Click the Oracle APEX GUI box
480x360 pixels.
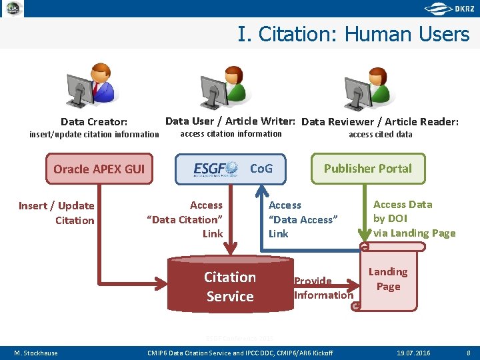pyautogui.click(x=98, y=169)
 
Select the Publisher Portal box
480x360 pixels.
pyautogui.click(x=367, y=169)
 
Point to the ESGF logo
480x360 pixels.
pyautogui.click(x=215, y=169)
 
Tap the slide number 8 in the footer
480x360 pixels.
pyautogui.click(x=469, y=353)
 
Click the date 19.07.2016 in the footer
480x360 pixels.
pyautogui.click(x=414, y=353)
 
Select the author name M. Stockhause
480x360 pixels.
pyautogui.click(x=36, y=353)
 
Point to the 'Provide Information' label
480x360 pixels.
pyautogui.click(x=323, y=288)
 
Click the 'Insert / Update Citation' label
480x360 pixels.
pyautogui.click(x=57, y=213)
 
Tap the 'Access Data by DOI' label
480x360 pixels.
pyautogui.click(x=414, y=219)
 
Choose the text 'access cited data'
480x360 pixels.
pyautogui.click(x=380, y=134)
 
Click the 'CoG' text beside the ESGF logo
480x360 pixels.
pyautogui.click(x=261, y=168)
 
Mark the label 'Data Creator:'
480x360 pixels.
pyautogui.click(x=94, y=122)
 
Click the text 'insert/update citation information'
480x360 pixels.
pyautogui.click(x=94, y=134)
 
